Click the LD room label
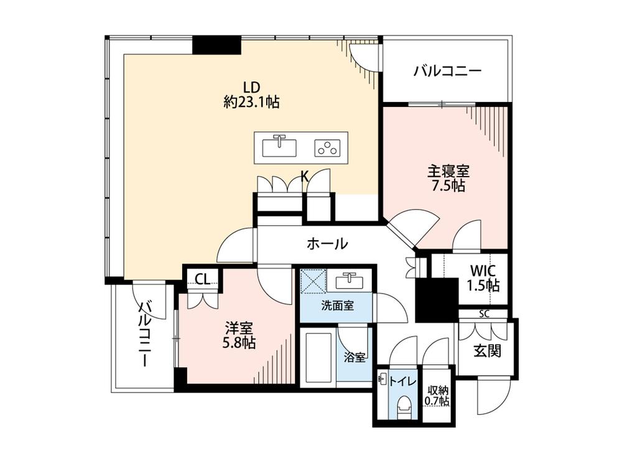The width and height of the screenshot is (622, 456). (251, 87)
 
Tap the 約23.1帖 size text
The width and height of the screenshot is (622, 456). (251, 103)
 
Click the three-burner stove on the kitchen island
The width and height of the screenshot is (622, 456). (327, 147)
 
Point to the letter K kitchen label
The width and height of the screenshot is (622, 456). (304, 176)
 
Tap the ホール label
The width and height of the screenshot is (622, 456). (327, 243)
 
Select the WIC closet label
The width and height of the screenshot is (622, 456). (483, 271)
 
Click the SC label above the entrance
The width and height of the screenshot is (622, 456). (484, 314)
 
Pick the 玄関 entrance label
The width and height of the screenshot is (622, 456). (487, 350)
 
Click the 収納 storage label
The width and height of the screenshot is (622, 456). (437, 391)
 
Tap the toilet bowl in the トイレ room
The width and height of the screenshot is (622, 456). (404, 406)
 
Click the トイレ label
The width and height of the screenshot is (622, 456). (402, 382)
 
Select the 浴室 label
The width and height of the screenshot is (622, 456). (355, 358)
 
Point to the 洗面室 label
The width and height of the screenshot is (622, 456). (338, 306)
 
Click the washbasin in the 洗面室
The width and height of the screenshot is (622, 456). (349, 281)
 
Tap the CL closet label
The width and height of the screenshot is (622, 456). (203, 279)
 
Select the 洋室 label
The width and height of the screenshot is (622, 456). (239, 328)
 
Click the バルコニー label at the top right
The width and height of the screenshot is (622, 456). (447, 72)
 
